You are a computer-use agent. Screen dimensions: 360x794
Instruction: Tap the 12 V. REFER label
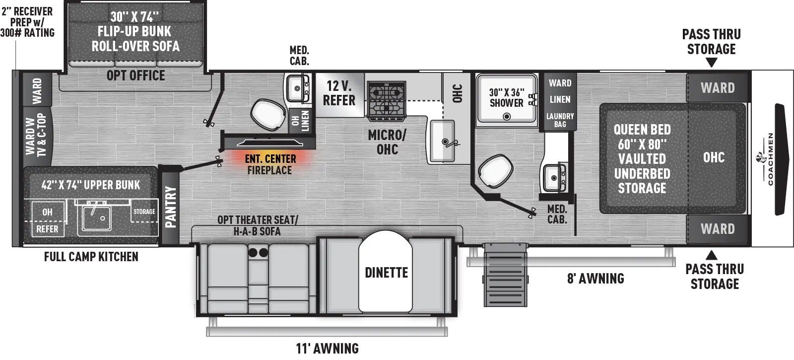[x=339, y=93]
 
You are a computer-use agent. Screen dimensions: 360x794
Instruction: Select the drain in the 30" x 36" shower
[x=507, y=117]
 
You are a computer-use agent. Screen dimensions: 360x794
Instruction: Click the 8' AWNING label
[x=595, y=278]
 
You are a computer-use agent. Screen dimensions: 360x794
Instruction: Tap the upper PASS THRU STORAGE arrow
[x=711, y=63]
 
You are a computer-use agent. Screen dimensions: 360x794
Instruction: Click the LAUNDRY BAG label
[x=560, y=120]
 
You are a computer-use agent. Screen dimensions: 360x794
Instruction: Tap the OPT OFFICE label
[x=135, y=75]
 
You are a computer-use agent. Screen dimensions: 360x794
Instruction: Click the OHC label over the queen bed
[x=714, y=157]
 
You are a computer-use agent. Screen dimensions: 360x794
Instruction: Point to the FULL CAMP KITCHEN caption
[x=91, y=257]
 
